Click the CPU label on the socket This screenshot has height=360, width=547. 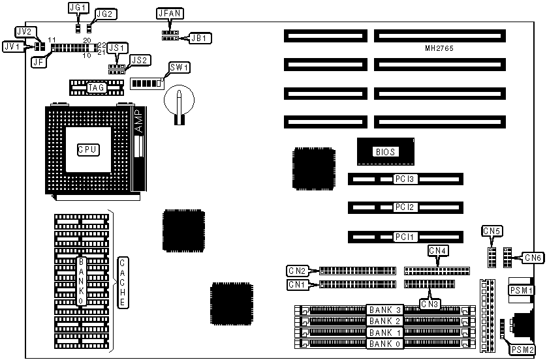click(x=87, y=149)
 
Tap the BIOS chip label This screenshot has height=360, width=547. click(x=384, y=151)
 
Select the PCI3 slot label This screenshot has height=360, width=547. click(x=405, y=178)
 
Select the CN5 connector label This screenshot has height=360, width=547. click(x=492, y=230)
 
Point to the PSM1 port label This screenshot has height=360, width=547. click(x=522, y=290)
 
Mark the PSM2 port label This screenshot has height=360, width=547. click(x=522, y=350)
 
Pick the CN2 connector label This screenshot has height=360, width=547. click(x=297, y=270)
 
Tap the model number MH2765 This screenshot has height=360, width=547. click(x=439, y=49)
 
